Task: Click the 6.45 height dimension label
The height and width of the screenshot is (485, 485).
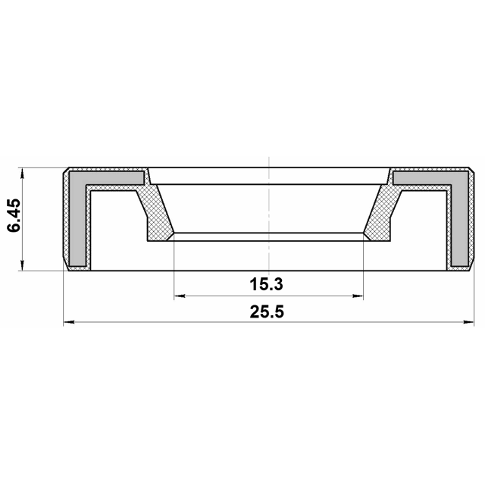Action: (x=14, y=215)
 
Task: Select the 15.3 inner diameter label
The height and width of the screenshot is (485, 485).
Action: (x=266, y=284)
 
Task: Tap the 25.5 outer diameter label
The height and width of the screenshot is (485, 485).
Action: (x=267, y=311)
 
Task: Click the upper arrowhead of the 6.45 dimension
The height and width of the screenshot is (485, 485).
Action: (x=22, y=174)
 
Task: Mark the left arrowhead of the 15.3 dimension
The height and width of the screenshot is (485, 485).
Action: (x=180, y=296)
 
